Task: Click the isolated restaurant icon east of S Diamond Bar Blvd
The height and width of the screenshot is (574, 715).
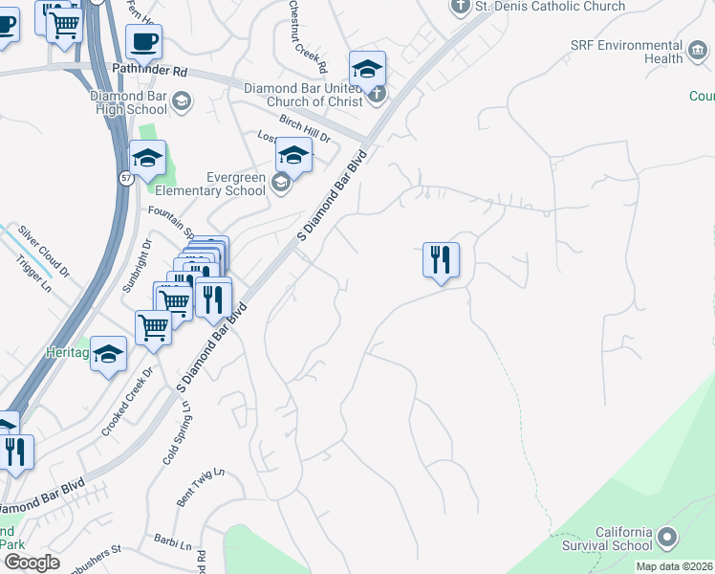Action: click(441, 259)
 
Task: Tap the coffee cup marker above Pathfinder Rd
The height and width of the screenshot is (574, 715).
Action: click(143, 42)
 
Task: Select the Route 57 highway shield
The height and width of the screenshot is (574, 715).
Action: click(125, 178)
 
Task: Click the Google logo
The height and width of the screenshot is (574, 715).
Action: click(32, 563)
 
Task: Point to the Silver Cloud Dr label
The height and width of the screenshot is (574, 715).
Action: click(44, 251)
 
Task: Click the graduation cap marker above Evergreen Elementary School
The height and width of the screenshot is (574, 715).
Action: click(294, 155)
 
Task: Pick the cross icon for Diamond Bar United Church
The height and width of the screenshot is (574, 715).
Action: click(377, 94)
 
